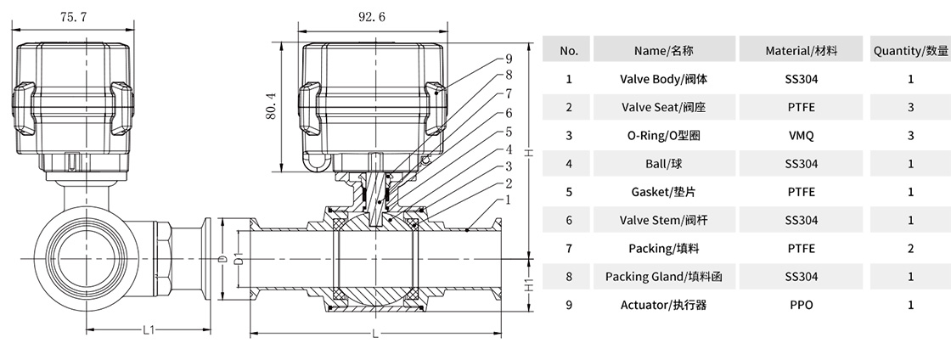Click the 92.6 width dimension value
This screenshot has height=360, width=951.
tap(371, 16)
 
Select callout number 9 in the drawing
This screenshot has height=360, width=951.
tap(508, 59)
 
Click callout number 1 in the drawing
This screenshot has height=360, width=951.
tap(508, 200)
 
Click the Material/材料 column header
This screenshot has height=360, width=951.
tap(801, 51)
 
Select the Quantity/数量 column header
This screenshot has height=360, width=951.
tap(910, 51)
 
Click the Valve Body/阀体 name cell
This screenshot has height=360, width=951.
tap(665, 79)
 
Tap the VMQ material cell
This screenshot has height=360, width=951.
tap(801, 135)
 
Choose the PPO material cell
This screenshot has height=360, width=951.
tap(801, 304)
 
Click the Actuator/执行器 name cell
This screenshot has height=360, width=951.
tap(665, 304)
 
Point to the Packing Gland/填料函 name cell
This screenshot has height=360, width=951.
tap(665, 276)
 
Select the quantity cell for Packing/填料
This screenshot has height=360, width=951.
tap(910, 248)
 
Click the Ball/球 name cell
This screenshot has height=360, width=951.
tap(665, 163)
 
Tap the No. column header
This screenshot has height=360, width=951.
tap(568, 51)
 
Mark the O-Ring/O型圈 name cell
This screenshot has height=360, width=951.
tap(665, 135)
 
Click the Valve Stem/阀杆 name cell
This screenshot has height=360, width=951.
tap(665, 220)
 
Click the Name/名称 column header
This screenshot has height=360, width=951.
tap(665, 51)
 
